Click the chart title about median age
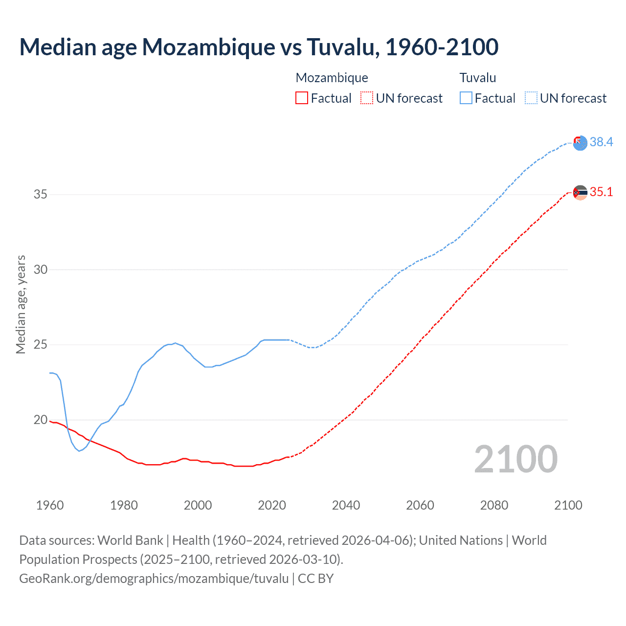point(259,47)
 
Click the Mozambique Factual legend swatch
point(302,98)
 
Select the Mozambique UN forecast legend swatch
point(367,98)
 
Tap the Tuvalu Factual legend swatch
point(466,98)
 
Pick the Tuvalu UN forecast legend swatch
point(531,98)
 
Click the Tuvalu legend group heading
point(477,78)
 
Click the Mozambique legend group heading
point(332,78)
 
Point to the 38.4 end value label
point(601,142)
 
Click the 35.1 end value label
point(601,192)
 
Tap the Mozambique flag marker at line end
point(580,193)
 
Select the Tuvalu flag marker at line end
point(580,143)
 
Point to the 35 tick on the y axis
point(41,195)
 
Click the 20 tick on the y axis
point(41,420)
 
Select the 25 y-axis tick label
point(41,345)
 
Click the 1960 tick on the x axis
point(50,505)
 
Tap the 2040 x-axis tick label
point(346,505)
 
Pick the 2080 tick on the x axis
point(494,505)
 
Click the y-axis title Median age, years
point(21,304)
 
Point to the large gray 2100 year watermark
point(515,459)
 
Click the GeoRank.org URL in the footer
point(154,579)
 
